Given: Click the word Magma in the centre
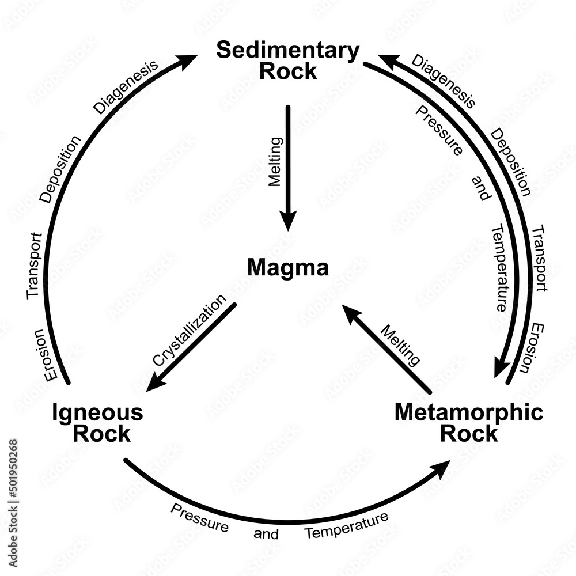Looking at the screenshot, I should [287, 268].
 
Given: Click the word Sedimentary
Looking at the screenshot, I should [287, 51].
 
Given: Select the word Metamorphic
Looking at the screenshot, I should [468, 412].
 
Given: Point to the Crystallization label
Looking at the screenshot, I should [190, 331].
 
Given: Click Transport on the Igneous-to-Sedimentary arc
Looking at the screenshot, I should [34, 265].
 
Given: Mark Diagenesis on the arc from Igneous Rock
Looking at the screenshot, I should [126, 87].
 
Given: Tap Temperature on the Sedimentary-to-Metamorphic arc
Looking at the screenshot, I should [499, 268].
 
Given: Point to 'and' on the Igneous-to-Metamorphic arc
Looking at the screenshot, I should [266, 533].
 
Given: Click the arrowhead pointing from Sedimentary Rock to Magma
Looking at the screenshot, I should [288, 220].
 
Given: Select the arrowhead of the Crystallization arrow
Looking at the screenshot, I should [155, 384].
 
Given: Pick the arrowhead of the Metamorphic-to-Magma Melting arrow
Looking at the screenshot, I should [351, 314].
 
